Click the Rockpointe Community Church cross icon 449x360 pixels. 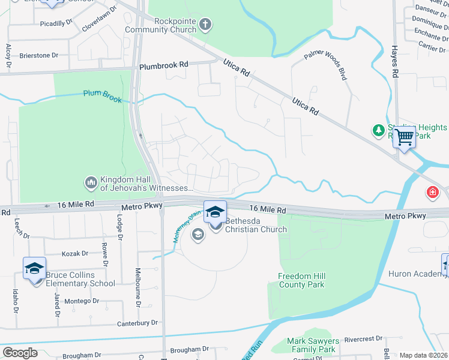click(206, 25)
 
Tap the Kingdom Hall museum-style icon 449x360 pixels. click(91, 181)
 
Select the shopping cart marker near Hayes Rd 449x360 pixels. click(405, 137)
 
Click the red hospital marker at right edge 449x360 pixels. click(432, 193)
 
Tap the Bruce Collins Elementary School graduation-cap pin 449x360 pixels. click(34, 268)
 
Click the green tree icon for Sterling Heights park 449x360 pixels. click(378, 130)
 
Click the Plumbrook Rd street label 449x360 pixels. click(164, 65)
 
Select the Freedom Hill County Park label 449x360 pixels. click(301, 280)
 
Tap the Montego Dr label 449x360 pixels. click(82, 301)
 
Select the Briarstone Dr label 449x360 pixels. click(38, 55)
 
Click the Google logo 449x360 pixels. click(20, 353)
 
